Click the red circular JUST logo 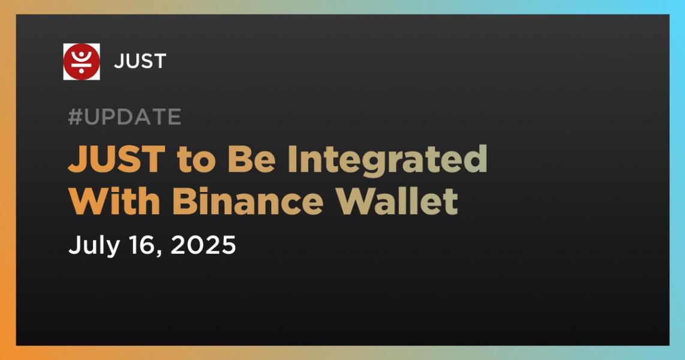tap(81, 62)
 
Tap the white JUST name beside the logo tap(140, 62)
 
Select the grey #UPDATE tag tap(125, 116)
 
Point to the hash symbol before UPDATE tap(76, 116)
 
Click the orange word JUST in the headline tap(116, 159)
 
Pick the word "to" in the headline tap(197, 160)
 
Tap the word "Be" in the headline tap(252, 159)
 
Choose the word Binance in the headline tap(248, 202)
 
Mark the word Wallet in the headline tap(397, 201)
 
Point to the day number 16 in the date tap(145, 245)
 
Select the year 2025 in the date tap(203, 245)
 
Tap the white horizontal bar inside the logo tap(81, 64)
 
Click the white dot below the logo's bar tap(81, 70)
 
